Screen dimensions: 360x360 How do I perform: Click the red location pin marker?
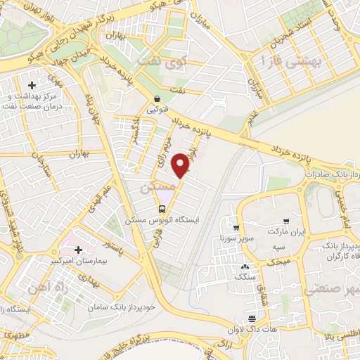182,165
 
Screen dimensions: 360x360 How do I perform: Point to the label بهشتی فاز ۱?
289,60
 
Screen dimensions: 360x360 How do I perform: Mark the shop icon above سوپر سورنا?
236,228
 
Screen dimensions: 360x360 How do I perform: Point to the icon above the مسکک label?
244,267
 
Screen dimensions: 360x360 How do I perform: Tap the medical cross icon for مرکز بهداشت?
30,85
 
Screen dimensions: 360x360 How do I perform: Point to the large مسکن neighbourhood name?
155,188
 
